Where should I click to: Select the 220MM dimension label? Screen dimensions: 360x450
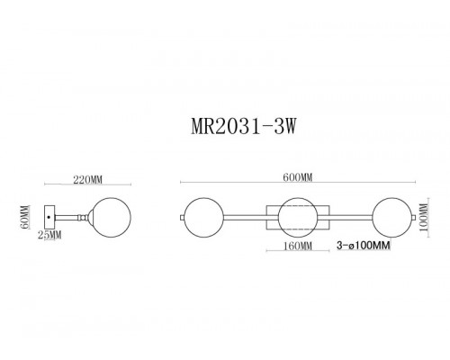[x=84, y=180]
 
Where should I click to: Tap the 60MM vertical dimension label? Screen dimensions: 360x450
[x=27, y=216]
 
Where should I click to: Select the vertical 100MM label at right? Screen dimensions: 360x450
[x=426, y=215]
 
